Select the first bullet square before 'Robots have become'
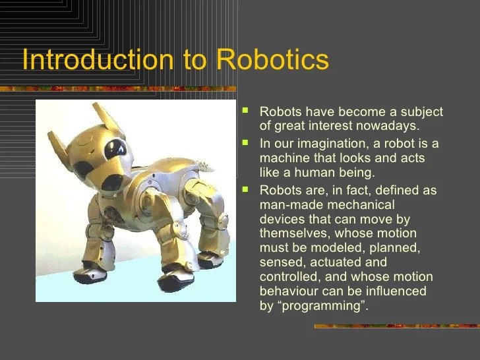point(247,110)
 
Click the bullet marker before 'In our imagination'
point(247,142)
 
